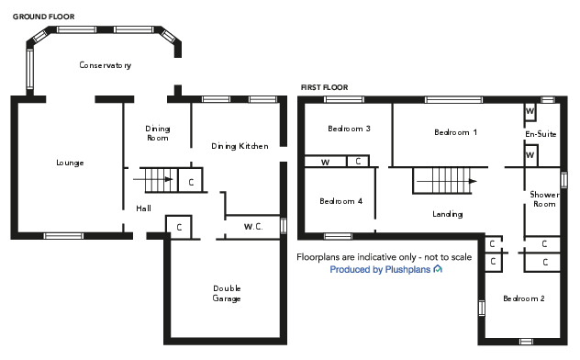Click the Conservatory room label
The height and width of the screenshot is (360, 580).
(x=105, y=65)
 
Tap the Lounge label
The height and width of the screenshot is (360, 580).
(x=70, y=163)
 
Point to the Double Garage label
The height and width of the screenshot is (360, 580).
(x=227, y=293)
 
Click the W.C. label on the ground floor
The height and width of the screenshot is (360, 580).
(x=254, y=226)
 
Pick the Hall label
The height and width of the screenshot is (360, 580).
(x=144, y=208)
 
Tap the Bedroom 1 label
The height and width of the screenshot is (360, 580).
(x=455, y=132)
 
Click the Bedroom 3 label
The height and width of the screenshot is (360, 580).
(x=349, y=129)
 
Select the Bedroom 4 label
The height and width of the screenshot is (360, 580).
(x=340, y=201)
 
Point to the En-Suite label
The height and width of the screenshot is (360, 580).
(x=541, y=134)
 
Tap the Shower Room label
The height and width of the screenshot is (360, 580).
(x=543, y=199)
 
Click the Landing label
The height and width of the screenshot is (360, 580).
(x=447, y=214)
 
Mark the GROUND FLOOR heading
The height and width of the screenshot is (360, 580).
(x=43, y=17)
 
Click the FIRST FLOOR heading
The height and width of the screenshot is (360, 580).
(x=324, y=87)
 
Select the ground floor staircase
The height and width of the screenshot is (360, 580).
(x=153, y=178)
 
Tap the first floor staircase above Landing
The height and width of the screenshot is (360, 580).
(x=444, y=180)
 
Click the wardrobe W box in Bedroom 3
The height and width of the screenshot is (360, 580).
(x=325, y=162)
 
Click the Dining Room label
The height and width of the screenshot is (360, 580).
(x=158, y=133)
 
